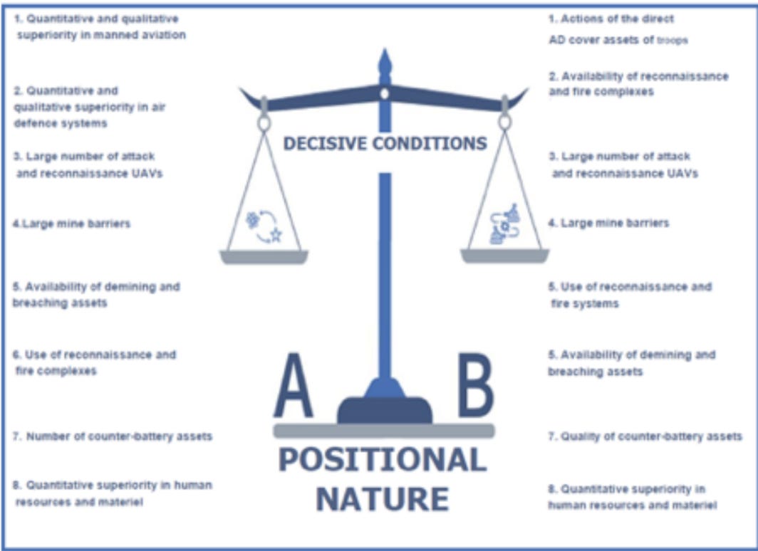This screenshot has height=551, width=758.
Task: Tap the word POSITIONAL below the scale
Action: (x=383, y=461)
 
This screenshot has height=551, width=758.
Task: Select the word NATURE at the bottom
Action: (x=383, y=498)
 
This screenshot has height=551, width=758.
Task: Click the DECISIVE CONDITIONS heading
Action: (x=385, y=143)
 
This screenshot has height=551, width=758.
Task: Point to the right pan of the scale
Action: (x=504, y=256)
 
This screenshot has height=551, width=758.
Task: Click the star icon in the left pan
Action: (x=275, y=236)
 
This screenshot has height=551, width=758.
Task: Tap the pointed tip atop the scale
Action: (x=385, y=56)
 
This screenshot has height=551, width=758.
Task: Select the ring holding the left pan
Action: (x=264, y=123)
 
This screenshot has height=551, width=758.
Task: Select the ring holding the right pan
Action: (x=504, y=122)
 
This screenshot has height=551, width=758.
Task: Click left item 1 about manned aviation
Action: (x=100, y=26)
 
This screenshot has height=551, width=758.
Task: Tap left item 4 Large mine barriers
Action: (x=72, y=224)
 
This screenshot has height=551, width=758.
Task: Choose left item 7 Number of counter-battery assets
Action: (x=113, y=436)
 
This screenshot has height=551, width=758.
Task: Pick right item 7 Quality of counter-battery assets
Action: (x=645, y=436)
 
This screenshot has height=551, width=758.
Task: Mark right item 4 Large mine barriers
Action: (x=608, y=224)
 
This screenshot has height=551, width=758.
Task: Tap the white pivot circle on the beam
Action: (x=385, y=93)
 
